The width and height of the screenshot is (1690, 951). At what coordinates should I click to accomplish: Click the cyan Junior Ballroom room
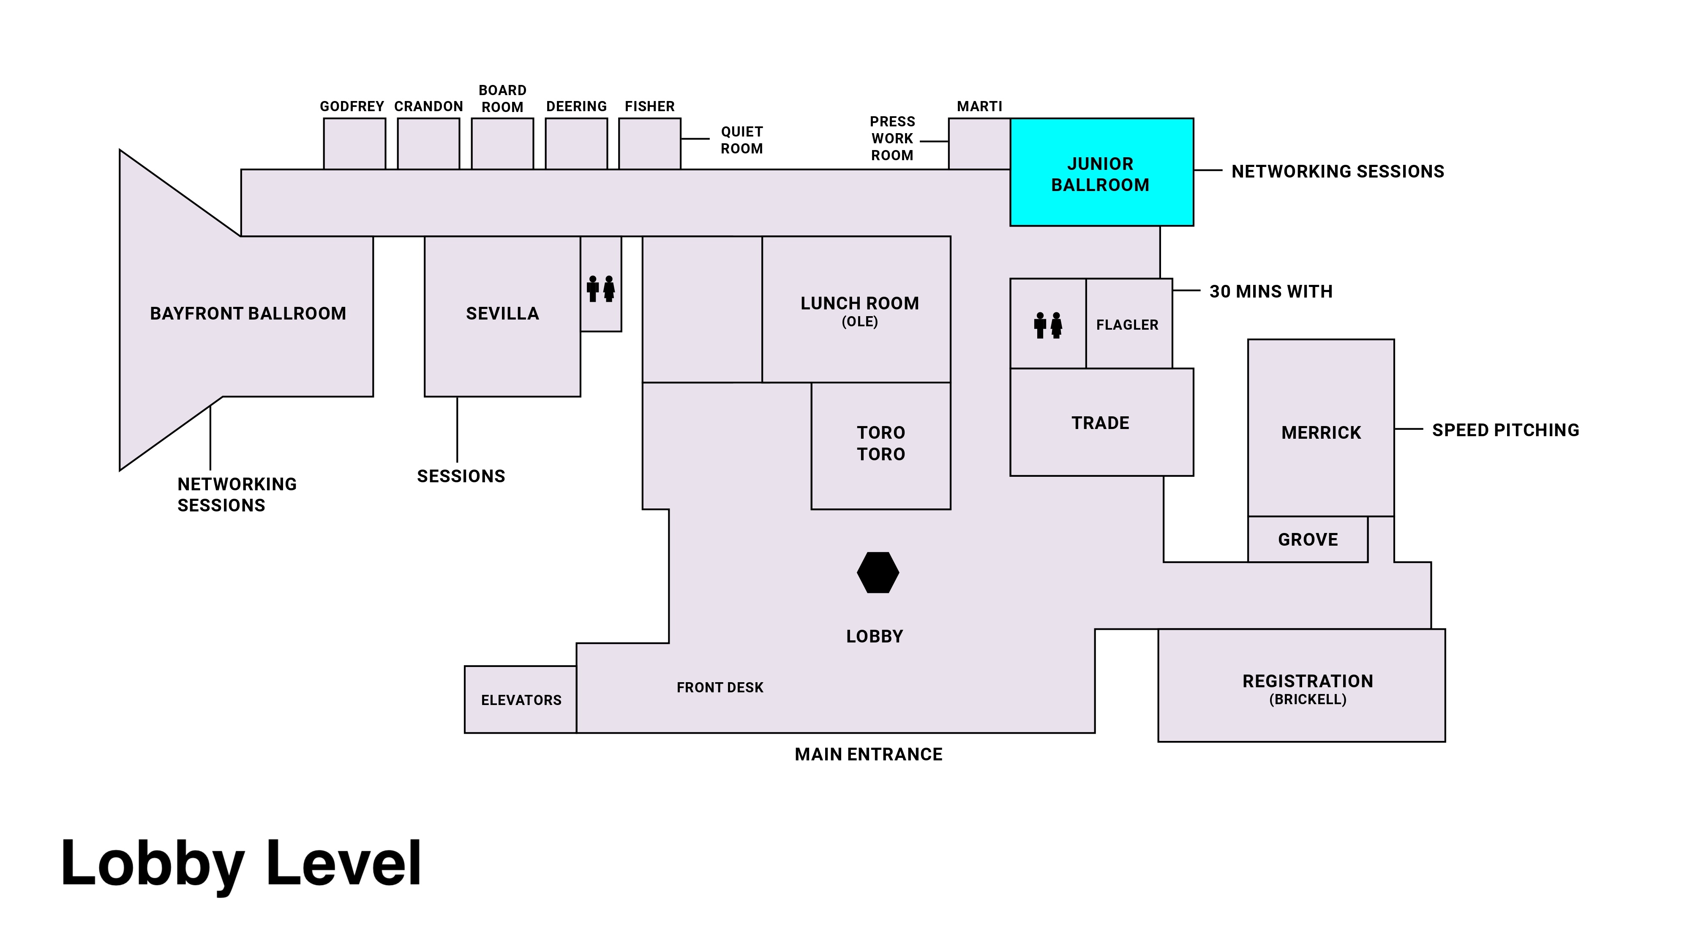coord(1101,172)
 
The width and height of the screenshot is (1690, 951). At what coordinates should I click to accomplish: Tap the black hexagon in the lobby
coord(878,572)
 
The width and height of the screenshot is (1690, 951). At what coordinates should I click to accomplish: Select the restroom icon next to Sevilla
coord(600,289)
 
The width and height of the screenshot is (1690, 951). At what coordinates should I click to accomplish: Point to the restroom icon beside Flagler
coord(1048,325)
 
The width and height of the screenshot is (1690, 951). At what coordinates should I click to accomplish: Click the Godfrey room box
coord(354,144)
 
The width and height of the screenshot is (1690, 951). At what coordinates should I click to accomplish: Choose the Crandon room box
coord(428,144)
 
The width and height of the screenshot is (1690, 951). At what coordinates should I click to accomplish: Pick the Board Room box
coord(502,144)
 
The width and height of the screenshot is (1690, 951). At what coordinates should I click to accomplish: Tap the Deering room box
coord(576,144)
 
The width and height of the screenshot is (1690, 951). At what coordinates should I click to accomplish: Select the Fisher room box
coord(649,144)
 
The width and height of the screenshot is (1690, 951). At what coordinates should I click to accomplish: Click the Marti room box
coord(979,144)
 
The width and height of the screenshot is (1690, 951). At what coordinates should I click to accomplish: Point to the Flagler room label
coord(1127,325)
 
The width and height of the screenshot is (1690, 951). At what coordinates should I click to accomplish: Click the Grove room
coord(1308,539)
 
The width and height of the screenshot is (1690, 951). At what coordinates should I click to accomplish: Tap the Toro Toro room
coord(880,444)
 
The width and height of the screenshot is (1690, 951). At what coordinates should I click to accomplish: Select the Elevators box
coord(521,700)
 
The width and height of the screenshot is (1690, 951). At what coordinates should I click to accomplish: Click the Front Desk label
coord(720,687)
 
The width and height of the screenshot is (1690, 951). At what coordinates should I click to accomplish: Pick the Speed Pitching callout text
coord(1505,430)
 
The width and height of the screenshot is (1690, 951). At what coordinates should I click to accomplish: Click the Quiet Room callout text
coord(741,140)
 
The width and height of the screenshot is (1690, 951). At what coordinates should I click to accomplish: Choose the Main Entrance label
coord(868,754)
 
